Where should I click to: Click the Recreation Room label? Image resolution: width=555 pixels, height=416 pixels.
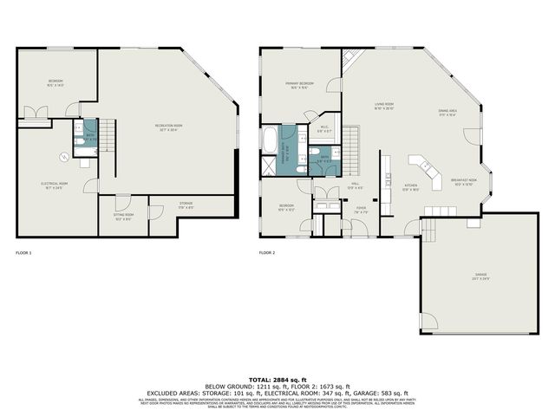168,127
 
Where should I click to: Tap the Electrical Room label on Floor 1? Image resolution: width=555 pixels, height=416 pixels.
54,185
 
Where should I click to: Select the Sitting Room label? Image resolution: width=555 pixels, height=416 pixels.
123,216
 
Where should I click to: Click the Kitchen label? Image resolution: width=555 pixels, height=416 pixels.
411,188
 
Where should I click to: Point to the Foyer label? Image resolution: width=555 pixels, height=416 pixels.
361,210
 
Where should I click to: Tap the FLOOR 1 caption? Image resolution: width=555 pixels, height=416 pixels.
23,253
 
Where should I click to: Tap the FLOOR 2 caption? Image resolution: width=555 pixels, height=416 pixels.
267,253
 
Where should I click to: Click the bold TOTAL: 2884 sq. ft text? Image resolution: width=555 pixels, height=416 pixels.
277,380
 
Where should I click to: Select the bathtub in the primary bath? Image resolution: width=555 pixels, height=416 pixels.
271,139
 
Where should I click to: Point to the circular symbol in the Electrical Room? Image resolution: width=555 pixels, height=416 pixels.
64,156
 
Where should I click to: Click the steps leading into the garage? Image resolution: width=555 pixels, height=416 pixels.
427,229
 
